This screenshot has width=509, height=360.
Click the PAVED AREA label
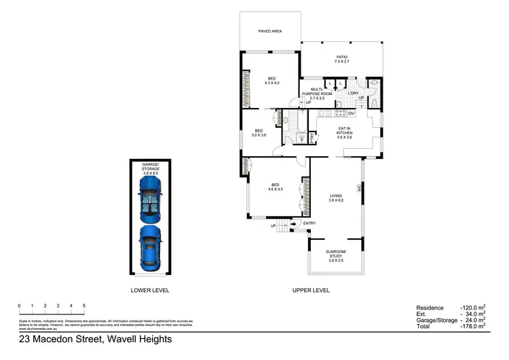[x=270, y=31]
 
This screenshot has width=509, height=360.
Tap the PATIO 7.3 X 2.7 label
[x=341, y=59]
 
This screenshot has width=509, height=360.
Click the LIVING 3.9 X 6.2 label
[x=336, y=198]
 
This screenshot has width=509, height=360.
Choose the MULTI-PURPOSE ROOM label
[x=317, y=94]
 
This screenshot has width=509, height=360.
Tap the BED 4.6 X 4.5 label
[x=276, y=186]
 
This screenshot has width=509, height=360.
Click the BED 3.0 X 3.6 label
[x=259, y=132]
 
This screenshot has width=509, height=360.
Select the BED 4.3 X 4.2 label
[x=271, y=80]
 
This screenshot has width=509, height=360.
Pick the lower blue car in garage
[x=150, y=247]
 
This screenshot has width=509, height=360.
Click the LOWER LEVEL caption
[x=150, y=290]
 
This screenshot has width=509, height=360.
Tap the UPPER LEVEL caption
[x=311, y=290]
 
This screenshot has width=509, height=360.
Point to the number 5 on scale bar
[x=83, y=306]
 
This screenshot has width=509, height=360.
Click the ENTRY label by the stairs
[x=309, y=223]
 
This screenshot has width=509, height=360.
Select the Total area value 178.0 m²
[x=473, y=326]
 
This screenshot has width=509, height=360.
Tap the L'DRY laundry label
[x=353, y=94]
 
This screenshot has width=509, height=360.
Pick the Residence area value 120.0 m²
[x=473, y=308]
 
